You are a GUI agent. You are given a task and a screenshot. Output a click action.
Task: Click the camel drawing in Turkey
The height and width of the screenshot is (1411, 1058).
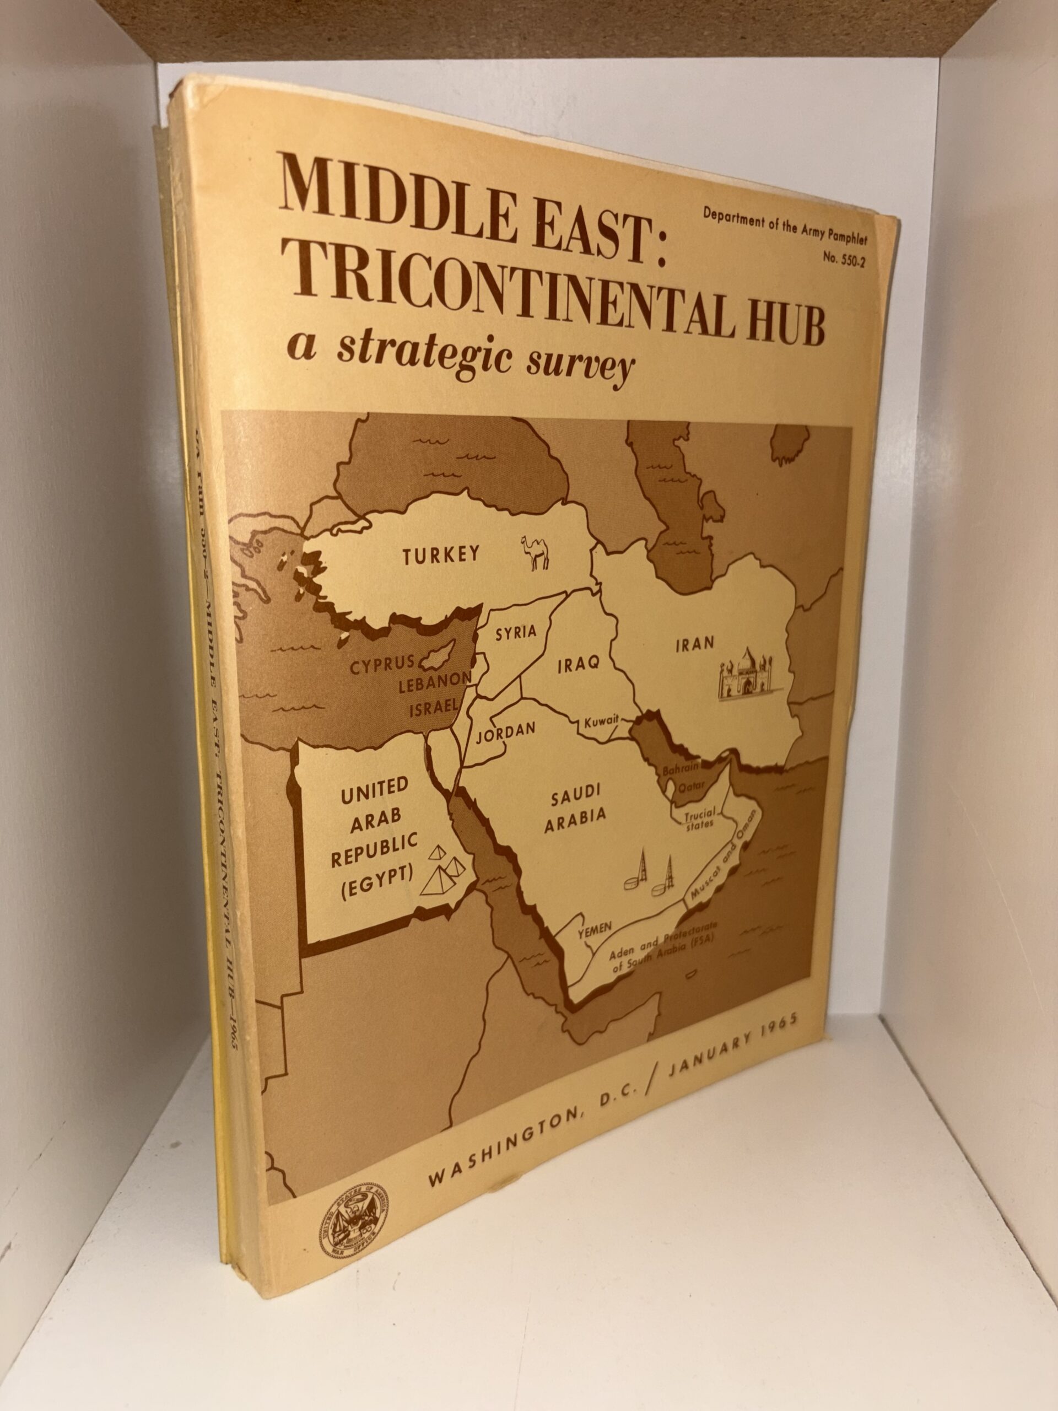pyautogui.click(x=536, y=552)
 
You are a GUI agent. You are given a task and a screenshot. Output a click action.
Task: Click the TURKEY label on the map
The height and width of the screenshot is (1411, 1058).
pyautogui.click(x=441, y=555)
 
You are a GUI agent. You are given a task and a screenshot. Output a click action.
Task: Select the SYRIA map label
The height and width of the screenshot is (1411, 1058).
pyautogui.click(x=516, y=633)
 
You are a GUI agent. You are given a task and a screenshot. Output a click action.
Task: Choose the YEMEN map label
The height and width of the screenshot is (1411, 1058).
pyautogui.click(x=595, y=931)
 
